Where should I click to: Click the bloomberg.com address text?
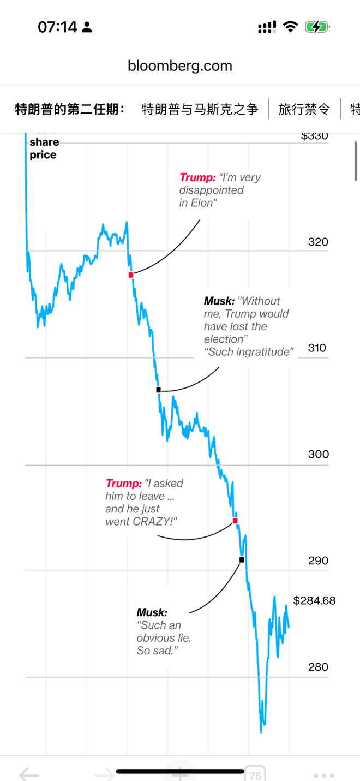tap(180, 66)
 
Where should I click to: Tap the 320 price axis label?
tap(318, 242)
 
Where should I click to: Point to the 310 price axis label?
tap(317, 348)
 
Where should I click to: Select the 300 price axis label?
tap(319, 454)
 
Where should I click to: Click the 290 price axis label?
tap(318, 561)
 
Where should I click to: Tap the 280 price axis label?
tap(318, 666)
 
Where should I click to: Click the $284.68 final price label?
tap(314, 601)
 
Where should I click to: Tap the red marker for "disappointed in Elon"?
tap(131, 275)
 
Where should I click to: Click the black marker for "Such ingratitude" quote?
tap(159, 390)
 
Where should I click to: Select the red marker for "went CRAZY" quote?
tap(235, 521)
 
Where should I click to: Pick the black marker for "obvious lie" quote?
tap(242, 559)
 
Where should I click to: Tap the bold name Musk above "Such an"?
tap(152, 612)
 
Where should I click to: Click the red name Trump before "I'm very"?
tap(197, 177)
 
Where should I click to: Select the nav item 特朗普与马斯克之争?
tap(200, 109)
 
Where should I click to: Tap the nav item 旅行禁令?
tap(304, 109)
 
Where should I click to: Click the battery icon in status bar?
tap(317, 27)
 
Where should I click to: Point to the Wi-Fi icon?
tap(291, 27)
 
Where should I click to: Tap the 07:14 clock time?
tap(58, 27)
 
